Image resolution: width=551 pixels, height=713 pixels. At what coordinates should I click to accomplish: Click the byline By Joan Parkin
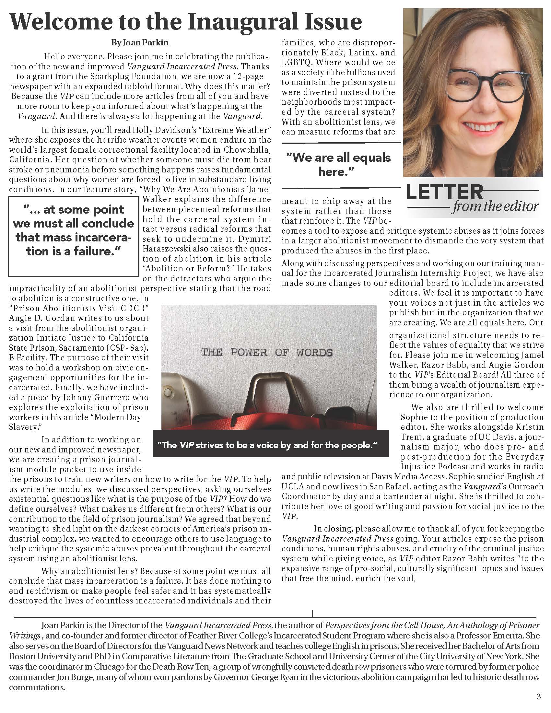(x=140, y=42)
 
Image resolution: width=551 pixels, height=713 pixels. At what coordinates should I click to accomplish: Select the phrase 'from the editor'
(x=495, y=206)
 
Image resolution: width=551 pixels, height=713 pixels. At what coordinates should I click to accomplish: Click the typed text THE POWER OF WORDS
(x=267, y=352)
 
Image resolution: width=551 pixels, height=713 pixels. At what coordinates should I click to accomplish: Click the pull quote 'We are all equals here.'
(x=338, y=165)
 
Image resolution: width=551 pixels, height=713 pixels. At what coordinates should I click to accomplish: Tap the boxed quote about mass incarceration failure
(x=74, y=230)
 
